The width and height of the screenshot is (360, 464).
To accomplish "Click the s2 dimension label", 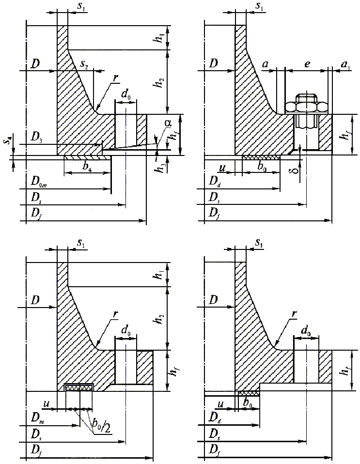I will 84,63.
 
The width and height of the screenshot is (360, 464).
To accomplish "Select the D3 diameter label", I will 35,138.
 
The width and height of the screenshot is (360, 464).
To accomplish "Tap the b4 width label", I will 88,167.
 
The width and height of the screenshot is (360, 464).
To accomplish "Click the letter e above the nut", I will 306,63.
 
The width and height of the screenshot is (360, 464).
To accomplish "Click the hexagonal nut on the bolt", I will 306,107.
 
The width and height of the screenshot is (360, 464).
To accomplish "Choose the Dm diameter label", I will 36,418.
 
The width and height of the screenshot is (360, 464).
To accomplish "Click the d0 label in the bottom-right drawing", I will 306,331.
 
